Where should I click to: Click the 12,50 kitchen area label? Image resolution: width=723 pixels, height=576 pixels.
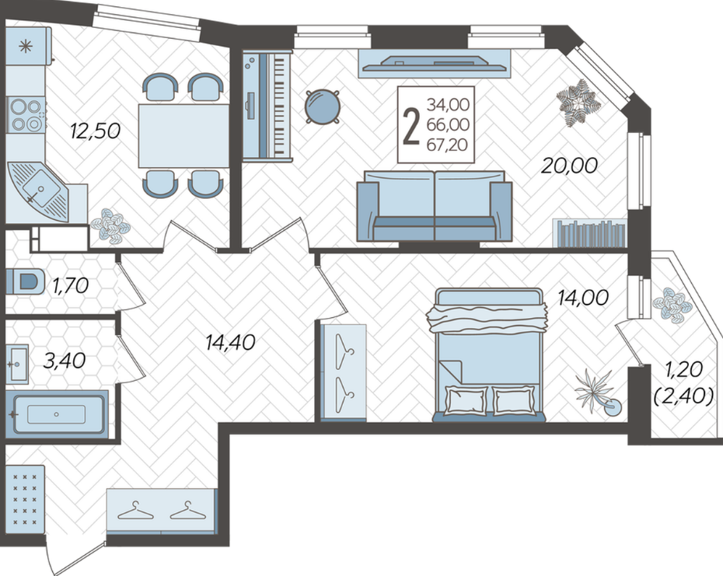(x=96, y=131)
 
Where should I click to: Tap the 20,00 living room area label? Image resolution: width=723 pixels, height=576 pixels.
(x=569, y=166)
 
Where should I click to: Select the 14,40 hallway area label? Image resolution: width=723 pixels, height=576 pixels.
(x=231, y=342)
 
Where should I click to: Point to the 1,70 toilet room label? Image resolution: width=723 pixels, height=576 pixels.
(x=71, y=285)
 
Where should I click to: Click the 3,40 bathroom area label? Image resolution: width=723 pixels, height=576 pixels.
(x=64, y=360)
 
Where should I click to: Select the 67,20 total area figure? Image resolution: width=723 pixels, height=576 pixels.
(x=447, y=145)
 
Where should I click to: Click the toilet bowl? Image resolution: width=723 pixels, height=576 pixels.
(x=26, y=281)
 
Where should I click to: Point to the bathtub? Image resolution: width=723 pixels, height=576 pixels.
(x=56, y=414)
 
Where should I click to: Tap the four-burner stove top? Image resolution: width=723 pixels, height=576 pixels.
(x=26, y=115)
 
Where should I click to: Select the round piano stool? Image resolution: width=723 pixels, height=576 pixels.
(x=323, y=106)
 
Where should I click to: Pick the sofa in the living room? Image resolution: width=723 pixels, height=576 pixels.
(x=435, y=206)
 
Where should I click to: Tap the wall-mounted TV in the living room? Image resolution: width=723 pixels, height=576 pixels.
(x=435, y=64)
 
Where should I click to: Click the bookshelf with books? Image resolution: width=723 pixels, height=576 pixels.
(x=590, y=233)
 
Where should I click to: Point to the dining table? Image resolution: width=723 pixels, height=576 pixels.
(x=184, y=135)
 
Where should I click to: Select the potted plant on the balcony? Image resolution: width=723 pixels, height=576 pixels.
(x=672, y=304)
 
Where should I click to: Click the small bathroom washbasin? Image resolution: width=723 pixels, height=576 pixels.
(x=19, y=364)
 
